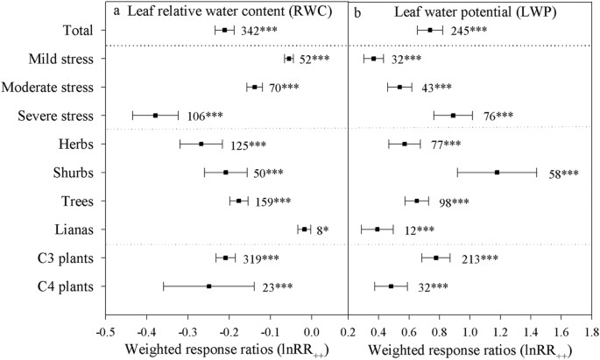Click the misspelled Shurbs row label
click(x=74, y=173)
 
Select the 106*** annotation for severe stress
click(x=207, y=116)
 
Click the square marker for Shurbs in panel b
click(x=498, y=173)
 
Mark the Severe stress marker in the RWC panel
click(x=155, y=116)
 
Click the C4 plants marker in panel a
click(x=208, y=286)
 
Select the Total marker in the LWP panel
click(x=430, y=31)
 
